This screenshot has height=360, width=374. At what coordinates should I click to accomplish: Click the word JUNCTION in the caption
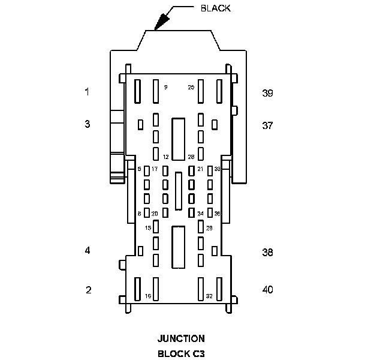(x=181, y=338)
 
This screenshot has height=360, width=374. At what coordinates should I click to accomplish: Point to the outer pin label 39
(x=267, y=93)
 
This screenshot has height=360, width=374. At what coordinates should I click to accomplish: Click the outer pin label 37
(x=267, y=125)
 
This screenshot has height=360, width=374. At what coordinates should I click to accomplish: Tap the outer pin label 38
(x=267, y=253)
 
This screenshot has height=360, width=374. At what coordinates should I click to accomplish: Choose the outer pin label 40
(x=267, y=290)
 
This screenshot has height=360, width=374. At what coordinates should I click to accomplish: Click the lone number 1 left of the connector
(x=87, y=92)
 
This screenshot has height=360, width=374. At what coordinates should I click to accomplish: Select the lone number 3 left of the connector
(x=87, y=124)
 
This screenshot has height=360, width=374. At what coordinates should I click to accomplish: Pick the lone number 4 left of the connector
(x=88, y=250)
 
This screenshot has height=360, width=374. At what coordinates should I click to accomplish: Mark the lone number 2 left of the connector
(x=89, y=290)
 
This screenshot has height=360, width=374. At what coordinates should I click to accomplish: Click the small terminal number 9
(x=165, y=88)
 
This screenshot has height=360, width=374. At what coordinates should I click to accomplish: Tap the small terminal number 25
(x=191, y=88)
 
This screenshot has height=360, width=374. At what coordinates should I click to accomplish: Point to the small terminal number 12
(x=166, y=157)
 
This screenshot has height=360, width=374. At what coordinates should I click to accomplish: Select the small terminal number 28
(x=191, y=157)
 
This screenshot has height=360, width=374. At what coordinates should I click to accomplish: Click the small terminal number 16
(x=148, y=296)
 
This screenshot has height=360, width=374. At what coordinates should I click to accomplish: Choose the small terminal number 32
(x=209, y=296)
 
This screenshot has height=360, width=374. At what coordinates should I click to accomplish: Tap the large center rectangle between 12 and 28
(x=178, y=139)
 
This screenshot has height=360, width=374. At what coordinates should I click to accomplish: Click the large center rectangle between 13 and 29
(x=178, y=247)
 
